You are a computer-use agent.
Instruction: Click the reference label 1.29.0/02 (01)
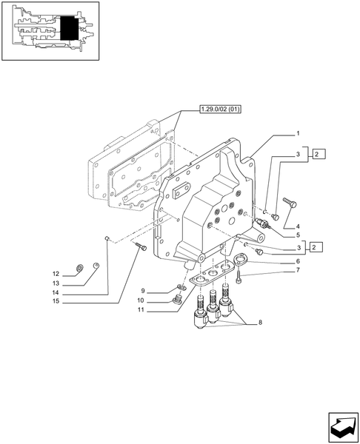point(220,110)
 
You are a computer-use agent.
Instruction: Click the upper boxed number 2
point(317,155)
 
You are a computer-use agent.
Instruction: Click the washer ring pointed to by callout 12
point(80,268)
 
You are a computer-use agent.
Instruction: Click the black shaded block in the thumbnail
point(70,31)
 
